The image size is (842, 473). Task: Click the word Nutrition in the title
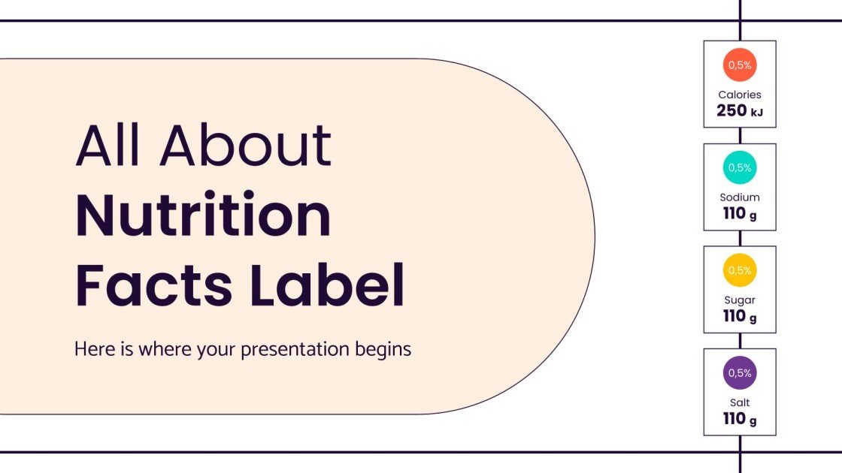coord(203,216)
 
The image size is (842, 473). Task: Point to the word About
coord(246,146)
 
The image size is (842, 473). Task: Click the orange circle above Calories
coord(739,65)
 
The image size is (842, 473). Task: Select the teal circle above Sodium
coord(739,168)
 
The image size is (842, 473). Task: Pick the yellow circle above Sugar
coord(739,270)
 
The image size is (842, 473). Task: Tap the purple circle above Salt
coord(739,373)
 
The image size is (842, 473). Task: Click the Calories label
coord(739,95)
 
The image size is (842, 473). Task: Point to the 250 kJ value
coord(739,111)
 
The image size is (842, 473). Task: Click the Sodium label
coord(739,197)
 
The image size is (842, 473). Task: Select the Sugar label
coord(739,300)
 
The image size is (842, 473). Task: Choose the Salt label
coord(739,402)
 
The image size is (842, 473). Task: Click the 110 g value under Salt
coord(739,419)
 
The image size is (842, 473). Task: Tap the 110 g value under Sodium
coord(739,214)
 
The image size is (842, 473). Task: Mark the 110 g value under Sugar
coord(739,316)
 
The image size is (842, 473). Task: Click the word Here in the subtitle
coord(91,350)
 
